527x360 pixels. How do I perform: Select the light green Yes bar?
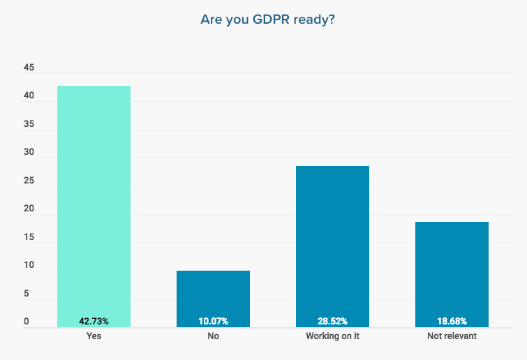point(94,202)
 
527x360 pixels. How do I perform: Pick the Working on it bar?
point(332,244)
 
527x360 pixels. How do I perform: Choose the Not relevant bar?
point(452,272)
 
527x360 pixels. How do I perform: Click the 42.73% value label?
point(94,321)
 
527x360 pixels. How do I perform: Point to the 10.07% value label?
point(213,321)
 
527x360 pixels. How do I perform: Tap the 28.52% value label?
point(332,321)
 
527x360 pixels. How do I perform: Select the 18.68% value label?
point(452,321)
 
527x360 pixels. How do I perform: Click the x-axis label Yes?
point(94,336)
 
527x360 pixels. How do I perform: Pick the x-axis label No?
point(213,336)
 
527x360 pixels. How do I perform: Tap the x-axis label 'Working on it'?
point(332,336)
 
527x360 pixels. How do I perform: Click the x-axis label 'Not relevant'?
point(452,336)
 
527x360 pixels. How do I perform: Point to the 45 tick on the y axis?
point(29,68)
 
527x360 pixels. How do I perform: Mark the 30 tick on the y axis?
point(29,153)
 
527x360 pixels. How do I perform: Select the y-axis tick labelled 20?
point(29,209)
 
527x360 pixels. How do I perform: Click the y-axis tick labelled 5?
point(27,294)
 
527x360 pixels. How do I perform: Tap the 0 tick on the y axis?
point(27,322)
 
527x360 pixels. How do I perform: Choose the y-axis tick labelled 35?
point(29,125)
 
